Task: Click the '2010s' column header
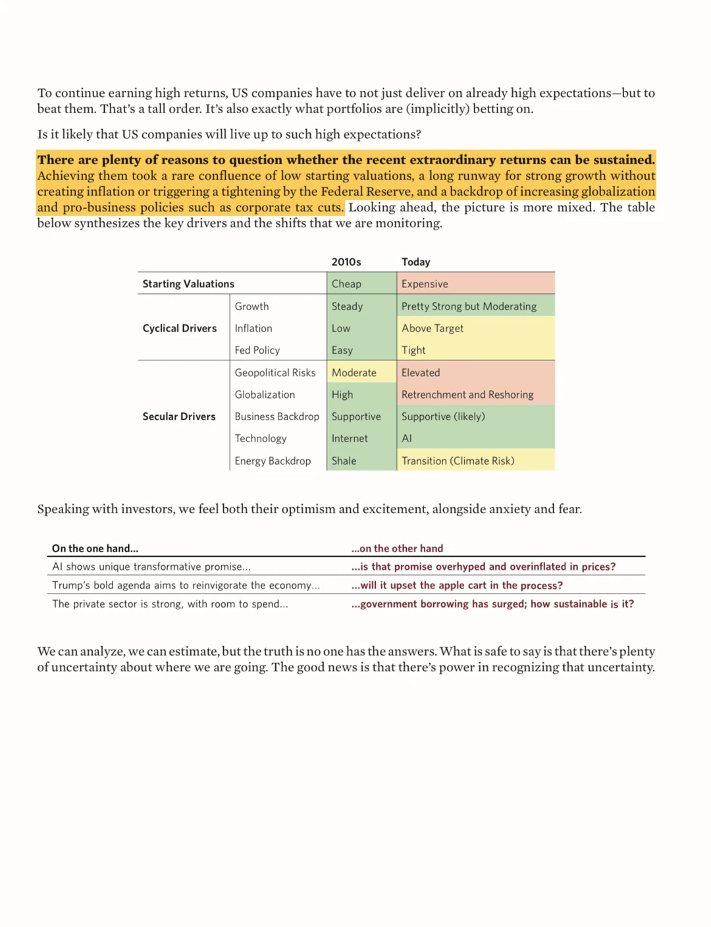(x=346, y=262)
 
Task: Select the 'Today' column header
(x=415, y=262)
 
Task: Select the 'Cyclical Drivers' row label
(x=179, y=328)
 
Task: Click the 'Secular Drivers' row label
(x=179, y=416)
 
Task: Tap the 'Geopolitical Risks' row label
(x=275, y=372)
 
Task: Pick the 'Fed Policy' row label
(x=257, y=351)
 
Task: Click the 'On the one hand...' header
(x=95, y=548)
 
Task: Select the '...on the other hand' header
(x=397, y=548)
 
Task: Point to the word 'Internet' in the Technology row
(x=350, y=438)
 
